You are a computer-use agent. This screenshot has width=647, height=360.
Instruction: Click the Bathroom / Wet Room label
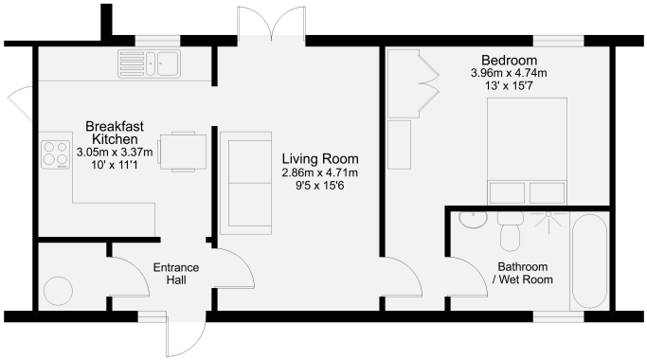523,273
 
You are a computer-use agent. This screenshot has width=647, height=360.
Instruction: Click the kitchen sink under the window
149,64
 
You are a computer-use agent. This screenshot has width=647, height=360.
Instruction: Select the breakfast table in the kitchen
181,152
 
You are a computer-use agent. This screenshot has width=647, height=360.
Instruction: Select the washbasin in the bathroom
470,220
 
